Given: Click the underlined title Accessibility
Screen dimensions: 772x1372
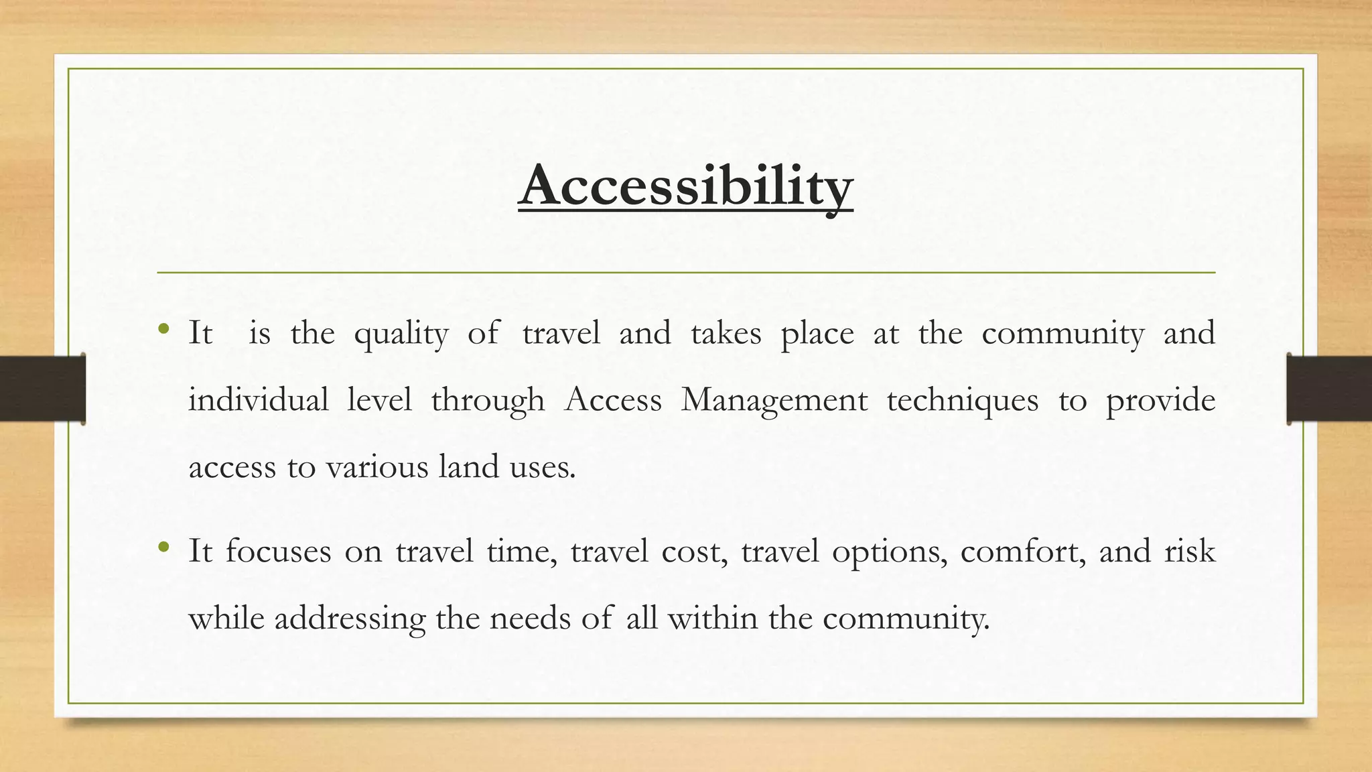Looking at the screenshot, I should coord(685,186).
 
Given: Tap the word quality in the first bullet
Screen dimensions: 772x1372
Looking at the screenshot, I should coord(401,334).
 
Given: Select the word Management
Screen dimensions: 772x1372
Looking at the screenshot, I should coord(774,400).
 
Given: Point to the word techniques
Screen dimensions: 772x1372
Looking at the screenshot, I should coord(962,400).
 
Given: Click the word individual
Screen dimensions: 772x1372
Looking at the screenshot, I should coord(258,400).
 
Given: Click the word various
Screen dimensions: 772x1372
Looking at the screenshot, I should coord(376,466).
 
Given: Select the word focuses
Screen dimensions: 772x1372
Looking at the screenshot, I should coord(278,551).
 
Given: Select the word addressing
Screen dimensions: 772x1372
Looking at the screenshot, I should coord(350,619).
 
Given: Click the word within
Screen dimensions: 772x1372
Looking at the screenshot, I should coord(712,617).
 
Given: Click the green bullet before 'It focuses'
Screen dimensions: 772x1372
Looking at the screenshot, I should coord(163,548).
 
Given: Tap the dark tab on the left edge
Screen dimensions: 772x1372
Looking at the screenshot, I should coord(42,389).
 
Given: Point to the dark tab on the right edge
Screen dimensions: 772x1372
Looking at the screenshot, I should coord(1329,389).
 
